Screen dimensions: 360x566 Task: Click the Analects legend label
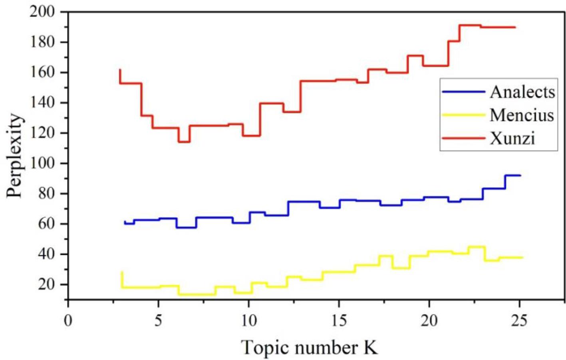coord(522,92)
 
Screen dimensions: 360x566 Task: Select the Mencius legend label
coord(522,115)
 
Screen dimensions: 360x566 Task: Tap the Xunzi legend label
coord(512,138)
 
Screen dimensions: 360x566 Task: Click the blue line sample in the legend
coord(463,91)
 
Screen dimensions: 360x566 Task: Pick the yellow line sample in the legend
coord(463,115)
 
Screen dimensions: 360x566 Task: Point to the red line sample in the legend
coord(463,138)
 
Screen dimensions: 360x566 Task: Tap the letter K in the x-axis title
coord(370,347)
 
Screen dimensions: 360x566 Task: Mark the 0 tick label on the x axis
coord(68,320)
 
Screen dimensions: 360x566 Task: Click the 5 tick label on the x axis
coord(159,320)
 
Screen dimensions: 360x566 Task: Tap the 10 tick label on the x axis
coord(248,320)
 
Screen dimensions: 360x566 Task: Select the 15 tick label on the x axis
coord(339,320)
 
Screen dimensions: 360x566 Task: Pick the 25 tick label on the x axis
coord(519,320)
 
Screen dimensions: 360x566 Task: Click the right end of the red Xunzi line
coord(515,27)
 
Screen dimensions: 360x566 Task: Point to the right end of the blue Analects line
coord(520,175)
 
